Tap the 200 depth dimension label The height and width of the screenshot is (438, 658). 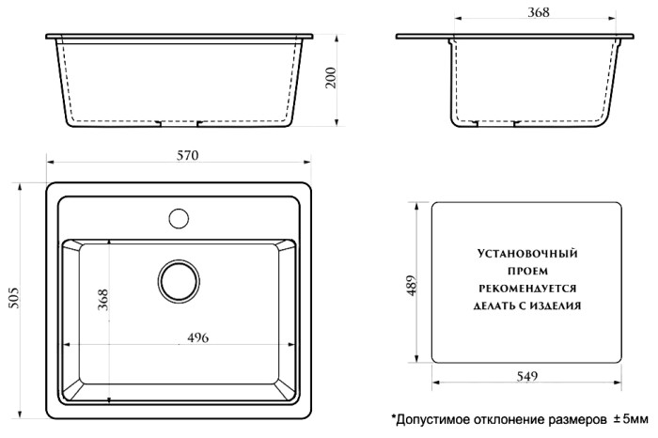pos(330,79)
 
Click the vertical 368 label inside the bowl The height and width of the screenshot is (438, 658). pos(103,300)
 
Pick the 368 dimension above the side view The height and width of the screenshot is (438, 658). pos(539,12)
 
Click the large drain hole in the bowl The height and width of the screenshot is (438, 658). pos(177,279)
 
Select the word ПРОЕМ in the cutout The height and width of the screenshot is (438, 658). pos(526,271)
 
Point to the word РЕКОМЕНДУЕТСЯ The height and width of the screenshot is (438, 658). pos(526,288)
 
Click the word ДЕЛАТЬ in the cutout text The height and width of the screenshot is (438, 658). pos(487,305)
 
